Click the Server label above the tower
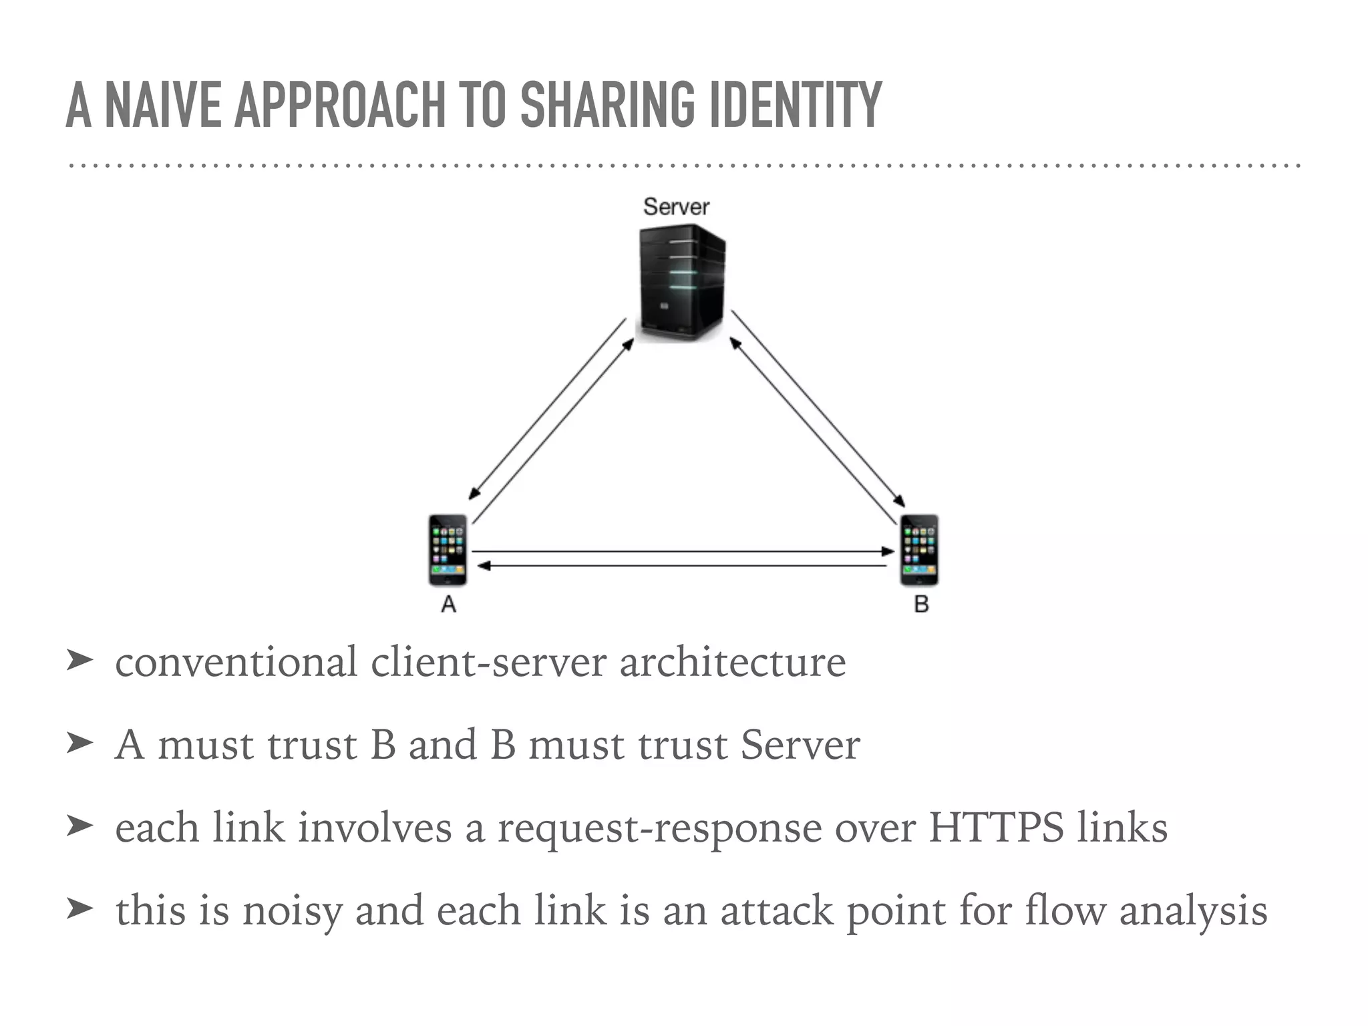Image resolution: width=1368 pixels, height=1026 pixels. tap(675, 206)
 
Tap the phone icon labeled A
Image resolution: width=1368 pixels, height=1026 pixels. tap(448, 550)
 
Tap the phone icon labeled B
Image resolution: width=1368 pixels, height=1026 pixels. tap(920, 550)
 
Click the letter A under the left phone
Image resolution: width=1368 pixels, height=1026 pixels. tap(449, 605)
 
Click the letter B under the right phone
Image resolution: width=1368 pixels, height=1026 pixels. tap(921, 605)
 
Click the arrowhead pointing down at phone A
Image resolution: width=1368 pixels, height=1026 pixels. tap(473, 494)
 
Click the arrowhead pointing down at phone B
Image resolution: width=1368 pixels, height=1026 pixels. tap(900, 501)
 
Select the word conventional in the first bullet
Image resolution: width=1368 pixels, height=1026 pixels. tap(236, 663)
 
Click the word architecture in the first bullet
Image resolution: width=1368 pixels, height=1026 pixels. tap(732, 663)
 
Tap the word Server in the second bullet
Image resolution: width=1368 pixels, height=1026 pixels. tap(800, 745)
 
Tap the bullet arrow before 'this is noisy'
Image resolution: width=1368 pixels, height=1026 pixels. tap(79, 908)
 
